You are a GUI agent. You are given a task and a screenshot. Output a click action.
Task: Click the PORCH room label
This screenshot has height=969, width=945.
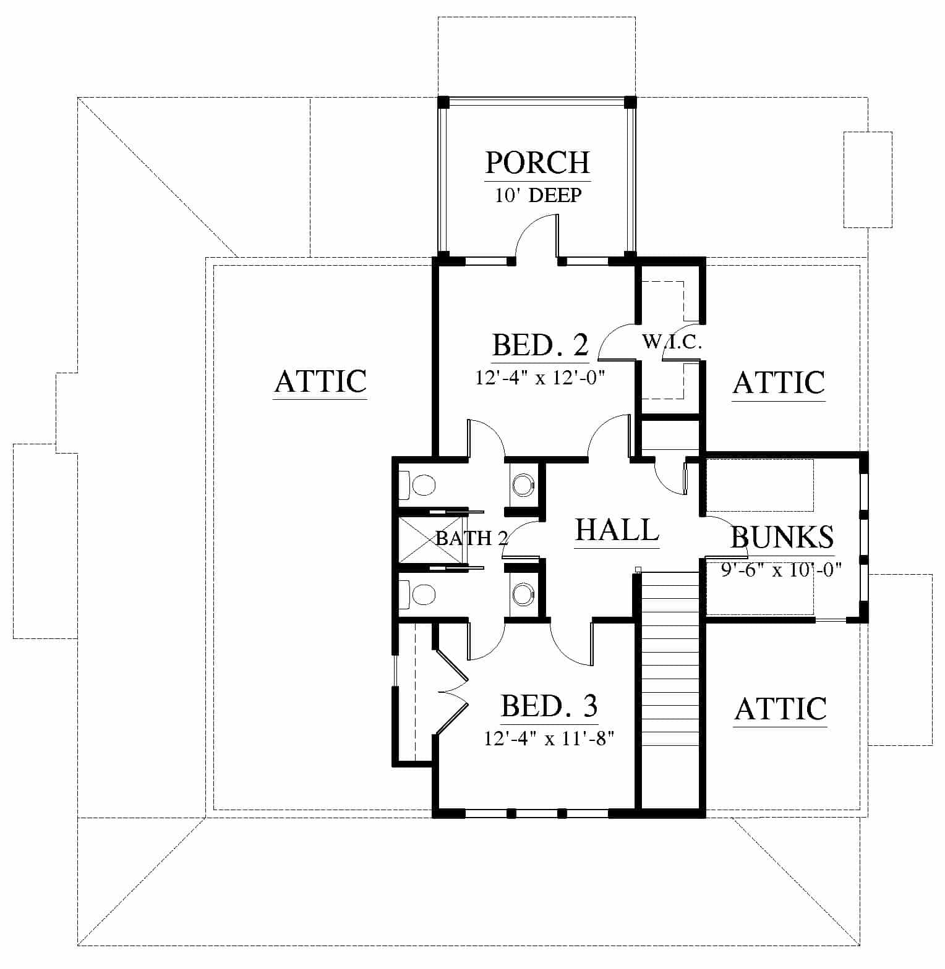(537, 163)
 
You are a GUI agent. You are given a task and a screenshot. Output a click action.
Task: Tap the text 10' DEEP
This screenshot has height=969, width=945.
(538, 195)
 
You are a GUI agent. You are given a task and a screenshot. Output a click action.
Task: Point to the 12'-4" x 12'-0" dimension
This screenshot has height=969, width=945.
(539, 377)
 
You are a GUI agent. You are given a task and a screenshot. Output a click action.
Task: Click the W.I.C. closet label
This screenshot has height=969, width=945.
(672, 341)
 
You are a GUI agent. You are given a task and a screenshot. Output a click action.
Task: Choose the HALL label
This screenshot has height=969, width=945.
(617, 530)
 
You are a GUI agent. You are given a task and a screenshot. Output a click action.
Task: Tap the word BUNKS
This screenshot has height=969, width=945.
(782, 537)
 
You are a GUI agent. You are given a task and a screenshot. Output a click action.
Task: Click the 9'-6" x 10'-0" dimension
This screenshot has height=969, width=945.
(782, 569)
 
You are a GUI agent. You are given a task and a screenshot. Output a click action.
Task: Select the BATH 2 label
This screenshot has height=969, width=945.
(472, 538)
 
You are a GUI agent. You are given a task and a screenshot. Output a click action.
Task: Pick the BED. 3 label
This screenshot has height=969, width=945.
(549, 706)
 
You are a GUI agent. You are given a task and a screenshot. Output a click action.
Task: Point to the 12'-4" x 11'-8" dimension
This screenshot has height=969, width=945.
(549, 738)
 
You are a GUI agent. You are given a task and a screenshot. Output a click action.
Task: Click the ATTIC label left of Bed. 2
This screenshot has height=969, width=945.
(320, 381)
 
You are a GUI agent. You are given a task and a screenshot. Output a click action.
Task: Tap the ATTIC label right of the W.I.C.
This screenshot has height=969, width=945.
(779, 383)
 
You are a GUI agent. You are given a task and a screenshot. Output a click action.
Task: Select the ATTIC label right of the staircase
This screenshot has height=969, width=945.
(781, 708)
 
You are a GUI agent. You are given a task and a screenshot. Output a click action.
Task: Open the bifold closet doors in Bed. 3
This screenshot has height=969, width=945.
(452, 691)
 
